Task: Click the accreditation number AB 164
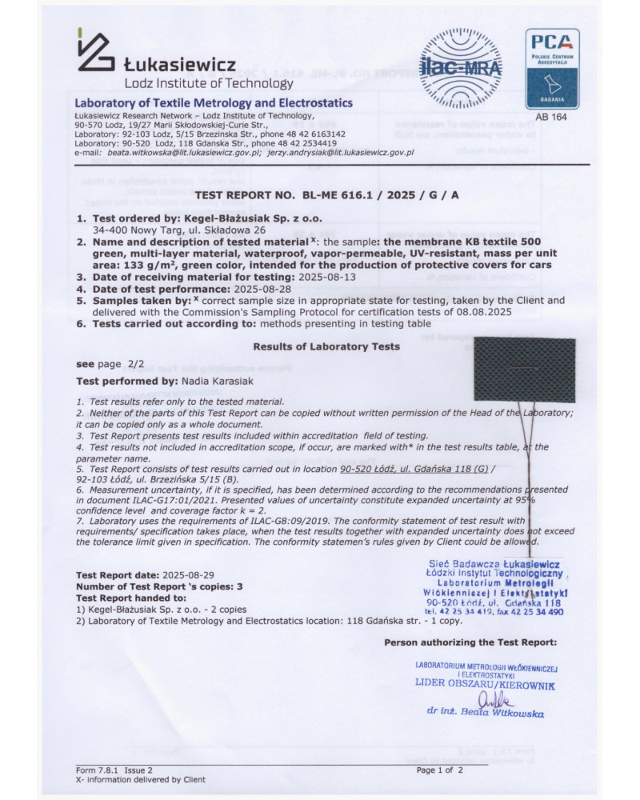coord(551,117)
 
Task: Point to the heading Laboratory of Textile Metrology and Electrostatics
coord(214,103)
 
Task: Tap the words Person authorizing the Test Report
coord(470,642)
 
